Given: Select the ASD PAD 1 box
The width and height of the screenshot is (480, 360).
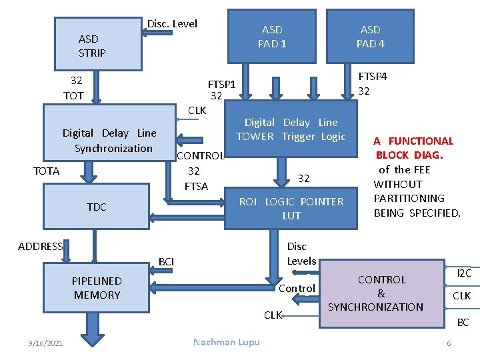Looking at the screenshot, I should pos(271,37).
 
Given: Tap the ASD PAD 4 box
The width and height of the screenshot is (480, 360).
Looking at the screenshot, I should pos(370,37).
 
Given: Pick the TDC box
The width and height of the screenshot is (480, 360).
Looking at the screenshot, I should pos(96,207).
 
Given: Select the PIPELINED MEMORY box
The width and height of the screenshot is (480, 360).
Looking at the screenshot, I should pos(97,288).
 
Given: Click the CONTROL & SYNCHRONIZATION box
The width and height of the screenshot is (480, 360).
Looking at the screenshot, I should pos(381,293).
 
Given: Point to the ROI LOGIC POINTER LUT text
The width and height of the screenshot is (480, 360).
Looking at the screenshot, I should pos(291,208).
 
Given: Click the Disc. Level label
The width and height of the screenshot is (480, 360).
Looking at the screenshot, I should pos(172,24).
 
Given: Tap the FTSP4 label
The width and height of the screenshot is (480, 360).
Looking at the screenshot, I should pos(373,76).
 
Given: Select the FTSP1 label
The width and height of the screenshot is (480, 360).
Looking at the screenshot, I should pos(221,85).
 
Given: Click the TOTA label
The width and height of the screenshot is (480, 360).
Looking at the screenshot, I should pos(46,171).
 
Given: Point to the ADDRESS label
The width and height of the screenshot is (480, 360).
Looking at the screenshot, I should pos(40,247).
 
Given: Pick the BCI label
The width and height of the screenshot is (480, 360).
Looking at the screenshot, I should pos(166,261).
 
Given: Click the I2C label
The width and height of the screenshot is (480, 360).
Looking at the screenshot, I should pos(464,273).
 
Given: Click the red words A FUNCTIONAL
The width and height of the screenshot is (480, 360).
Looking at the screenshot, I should pos(413,141).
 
